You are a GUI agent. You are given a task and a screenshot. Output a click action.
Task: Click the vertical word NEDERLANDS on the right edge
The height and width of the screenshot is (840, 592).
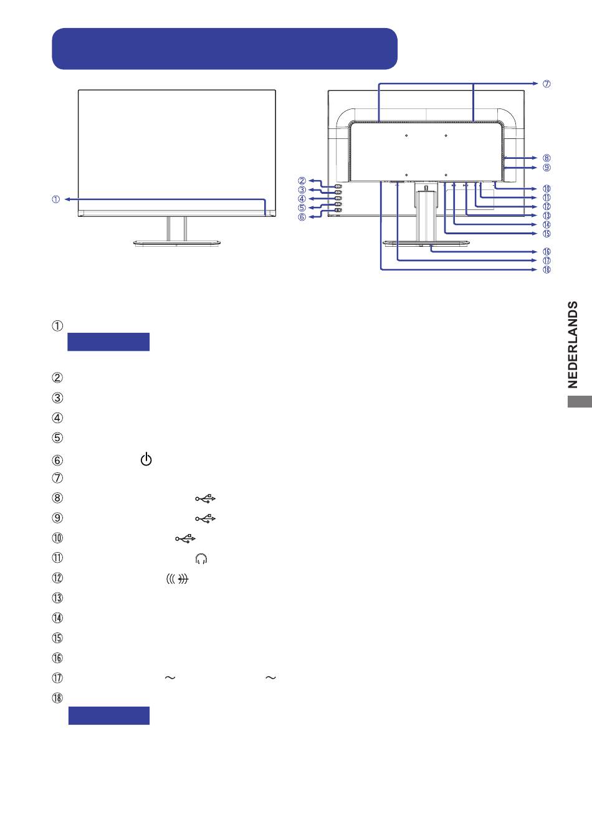click(574, 345)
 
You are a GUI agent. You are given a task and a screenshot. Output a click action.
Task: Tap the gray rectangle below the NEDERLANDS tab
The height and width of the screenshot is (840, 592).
click(580, 403)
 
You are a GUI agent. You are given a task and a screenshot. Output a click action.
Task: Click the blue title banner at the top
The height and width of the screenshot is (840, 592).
click(224, 49)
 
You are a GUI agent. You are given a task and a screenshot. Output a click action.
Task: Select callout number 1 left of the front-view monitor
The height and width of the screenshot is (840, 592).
click(56, 199)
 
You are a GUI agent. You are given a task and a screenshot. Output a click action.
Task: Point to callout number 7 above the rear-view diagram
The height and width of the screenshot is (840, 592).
click(547, 84)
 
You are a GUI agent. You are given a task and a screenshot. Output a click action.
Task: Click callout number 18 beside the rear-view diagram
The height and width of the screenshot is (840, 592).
click(547, 270)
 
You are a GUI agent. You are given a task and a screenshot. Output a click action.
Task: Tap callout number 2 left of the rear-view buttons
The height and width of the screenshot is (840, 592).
click(302, 181)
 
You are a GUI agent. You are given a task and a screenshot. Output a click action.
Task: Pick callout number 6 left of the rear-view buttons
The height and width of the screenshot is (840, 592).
click(302, 217)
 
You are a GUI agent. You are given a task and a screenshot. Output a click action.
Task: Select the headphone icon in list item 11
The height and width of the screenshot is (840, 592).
click(201, 559)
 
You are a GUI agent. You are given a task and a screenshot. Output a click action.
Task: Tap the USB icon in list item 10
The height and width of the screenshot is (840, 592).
click(185, 538)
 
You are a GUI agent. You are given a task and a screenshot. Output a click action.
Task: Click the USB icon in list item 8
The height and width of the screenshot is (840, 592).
click(205, 499)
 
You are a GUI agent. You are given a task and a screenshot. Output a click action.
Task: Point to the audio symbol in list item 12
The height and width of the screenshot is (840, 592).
click(178, 579)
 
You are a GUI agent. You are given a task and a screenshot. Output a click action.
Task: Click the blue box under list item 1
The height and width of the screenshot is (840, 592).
click(108, 342)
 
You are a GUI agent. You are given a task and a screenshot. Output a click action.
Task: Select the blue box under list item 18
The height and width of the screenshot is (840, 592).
click(108, 715)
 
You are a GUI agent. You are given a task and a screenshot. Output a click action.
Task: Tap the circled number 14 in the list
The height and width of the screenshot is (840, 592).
click(57, 618)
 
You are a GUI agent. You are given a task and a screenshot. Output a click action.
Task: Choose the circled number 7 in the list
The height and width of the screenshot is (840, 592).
click(57, 479)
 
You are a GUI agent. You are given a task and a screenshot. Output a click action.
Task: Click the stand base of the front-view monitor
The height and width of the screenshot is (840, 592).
click(177, 243)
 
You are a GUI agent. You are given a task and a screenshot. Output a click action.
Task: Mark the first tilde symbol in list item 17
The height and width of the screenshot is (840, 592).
click(168, 678)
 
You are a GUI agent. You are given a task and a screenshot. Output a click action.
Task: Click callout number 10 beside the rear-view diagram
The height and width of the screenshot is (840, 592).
click(547, 189)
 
